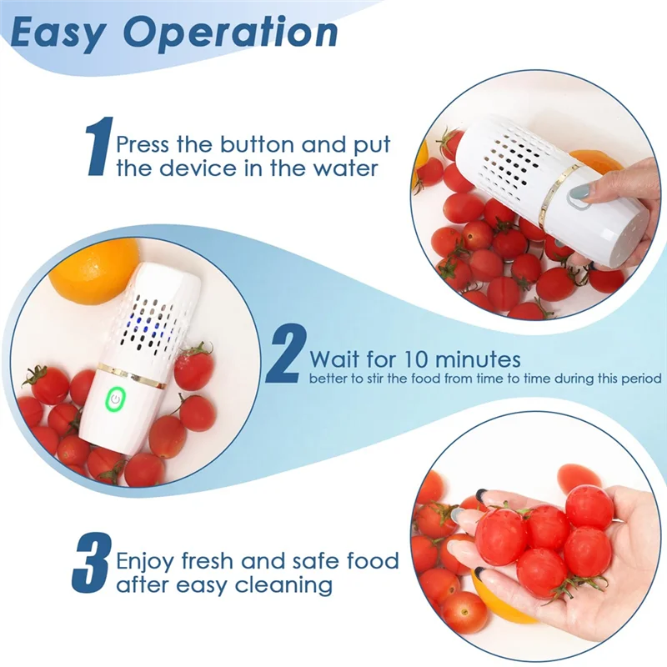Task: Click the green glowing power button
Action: click(x=113, y=401)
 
